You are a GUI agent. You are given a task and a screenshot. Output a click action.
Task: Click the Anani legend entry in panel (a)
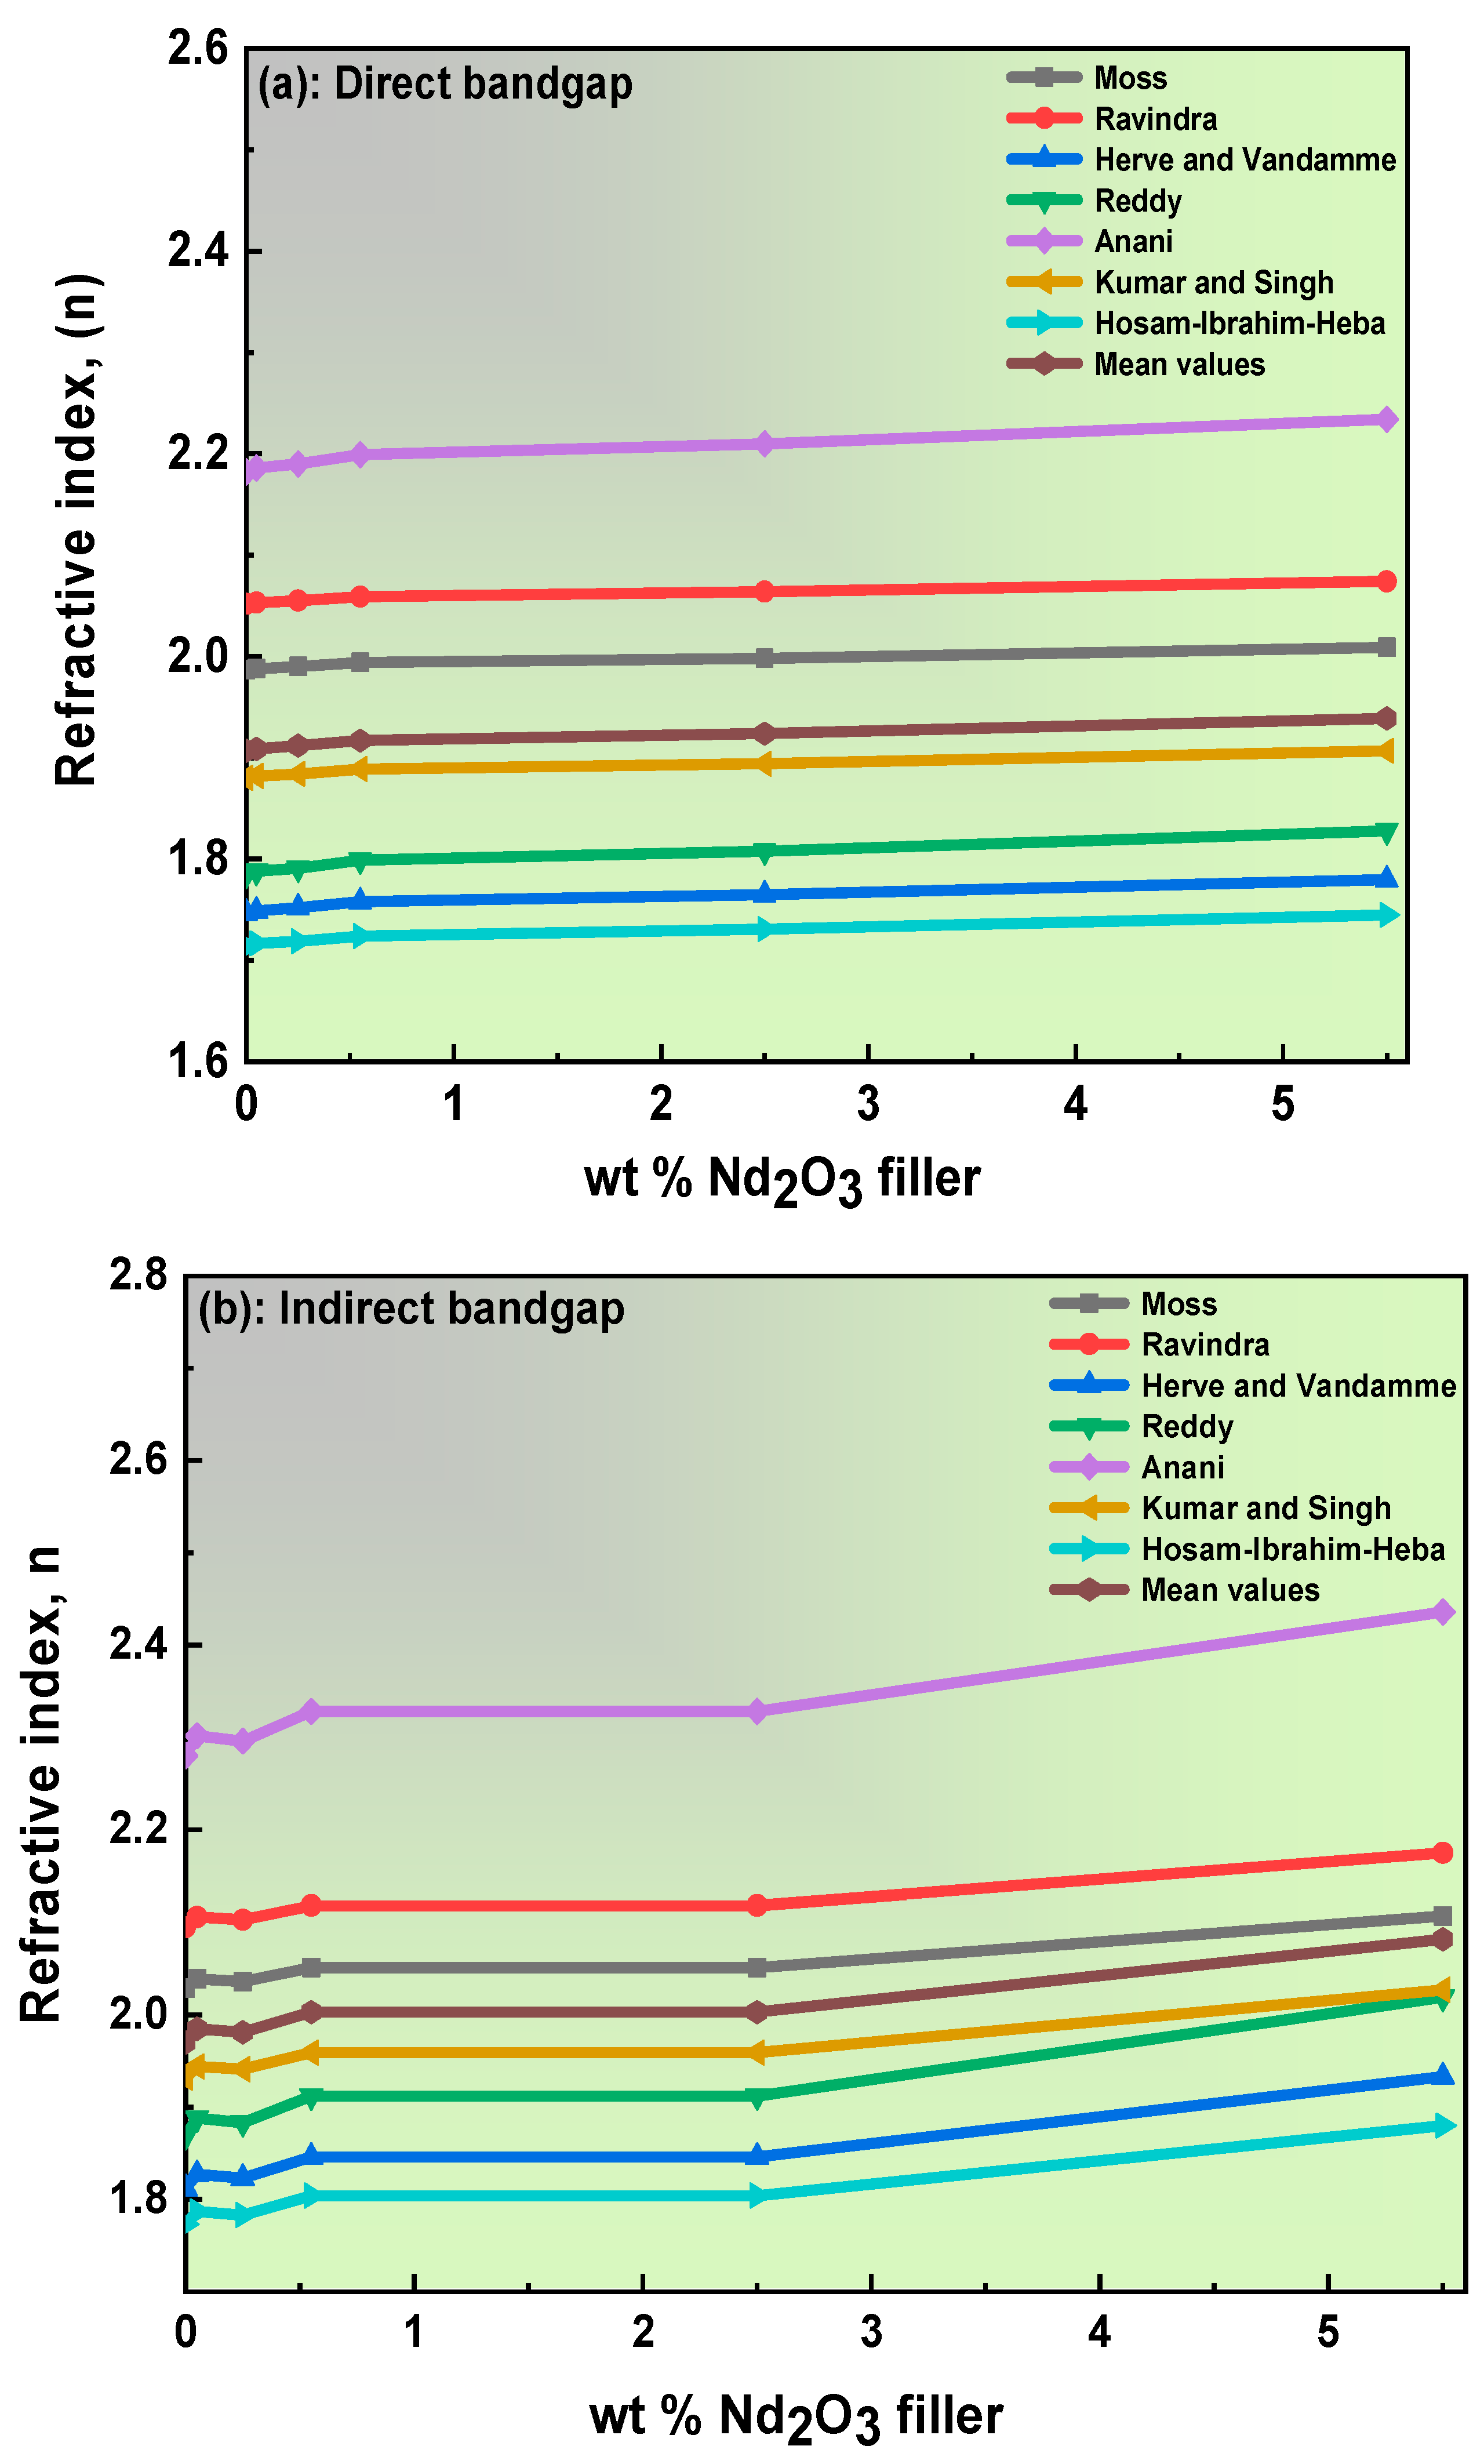coord(1133,242)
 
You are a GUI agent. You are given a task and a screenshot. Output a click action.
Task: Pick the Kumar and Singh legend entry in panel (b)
coord(1265,1508)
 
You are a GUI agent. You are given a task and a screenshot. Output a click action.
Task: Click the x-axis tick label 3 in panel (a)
coord(868,1104)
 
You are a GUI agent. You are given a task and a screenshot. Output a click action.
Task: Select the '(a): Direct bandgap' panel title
coord(445,84)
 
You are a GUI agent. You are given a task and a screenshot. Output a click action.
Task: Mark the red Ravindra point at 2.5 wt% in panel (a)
coord(764,591)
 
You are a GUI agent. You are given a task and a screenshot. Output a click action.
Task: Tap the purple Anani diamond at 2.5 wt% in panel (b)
coord(757,1711)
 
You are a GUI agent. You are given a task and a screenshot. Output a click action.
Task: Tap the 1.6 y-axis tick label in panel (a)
coord(198,1061)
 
